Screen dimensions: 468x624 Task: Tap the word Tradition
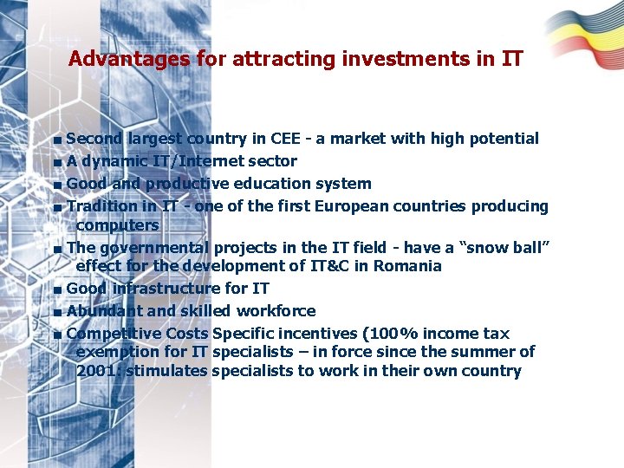point(101,206)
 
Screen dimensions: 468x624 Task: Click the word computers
point(117,225)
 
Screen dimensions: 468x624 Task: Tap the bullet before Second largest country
point(56,140)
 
